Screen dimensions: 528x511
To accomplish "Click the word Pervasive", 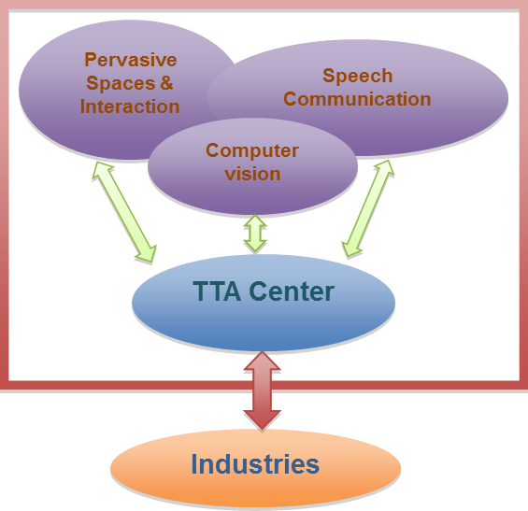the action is tap(131, 60).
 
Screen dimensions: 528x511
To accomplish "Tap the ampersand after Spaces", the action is tap(166, 83).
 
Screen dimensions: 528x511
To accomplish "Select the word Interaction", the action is tap(130, 106).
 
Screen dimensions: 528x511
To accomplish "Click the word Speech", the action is tap(358, 76).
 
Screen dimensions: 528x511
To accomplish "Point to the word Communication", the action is tap(357, 99).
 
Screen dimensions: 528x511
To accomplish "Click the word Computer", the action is tap(252, 150).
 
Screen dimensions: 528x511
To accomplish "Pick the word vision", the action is tap(252, 174).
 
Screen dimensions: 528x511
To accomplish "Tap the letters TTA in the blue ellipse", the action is tap(217, 291).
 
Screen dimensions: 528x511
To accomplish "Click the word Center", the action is tap(292, 291).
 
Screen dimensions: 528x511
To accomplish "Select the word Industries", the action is tap(255, 464).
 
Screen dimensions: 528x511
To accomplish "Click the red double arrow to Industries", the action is tap(262, 390).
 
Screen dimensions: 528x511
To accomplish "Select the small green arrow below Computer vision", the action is tap(255, 234).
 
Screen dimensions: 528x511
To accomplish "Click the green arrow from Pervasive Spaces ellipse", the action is tap(124, 212).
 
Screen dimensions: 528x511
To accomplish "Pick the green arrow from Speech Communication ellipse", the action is tap(368, 208).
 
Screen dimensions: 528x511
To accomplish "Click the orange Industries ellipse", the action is tap(255, 468).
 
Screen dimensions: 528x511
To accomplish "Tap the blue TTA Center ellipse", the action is tap(264, 303).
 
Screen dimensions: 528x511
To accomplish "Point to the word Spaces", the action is tap(121, 83).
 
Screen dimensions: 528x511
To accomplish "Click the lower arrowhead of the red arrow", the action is tap(262, 420).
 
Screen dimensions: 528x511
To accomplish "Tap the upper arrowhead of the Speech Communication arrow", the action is tap(384, 167).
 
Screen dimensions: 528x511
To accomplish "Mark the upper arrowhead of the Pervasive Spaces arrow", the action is tap(101, 170).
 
